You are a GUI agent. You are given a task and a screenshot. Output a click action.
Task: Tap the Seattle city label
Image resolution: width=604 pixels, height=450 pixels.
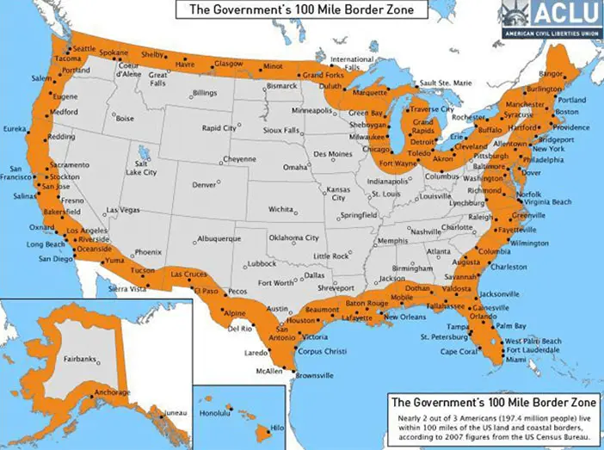click(84, 48)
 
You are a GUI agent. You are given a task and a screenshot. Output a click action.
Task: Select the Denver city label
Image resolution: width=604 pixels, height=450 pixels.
click(204, 185)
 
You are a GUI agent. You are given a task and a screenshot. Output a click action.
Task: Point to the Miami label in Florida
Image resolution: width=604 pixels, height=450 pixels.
click(516, 360)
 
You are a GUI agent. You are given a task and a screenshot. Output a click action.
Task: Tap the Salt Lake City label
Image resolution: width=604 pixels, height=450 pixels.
click(145, 168)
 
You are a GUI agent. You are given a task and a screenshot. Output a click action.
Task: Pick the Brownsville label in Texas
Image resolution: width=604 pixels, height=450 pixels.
click(313, 375)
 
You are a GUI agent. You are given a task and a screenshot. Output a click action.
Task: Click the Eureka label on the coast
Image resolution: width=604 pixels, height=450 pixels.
click(15, 128)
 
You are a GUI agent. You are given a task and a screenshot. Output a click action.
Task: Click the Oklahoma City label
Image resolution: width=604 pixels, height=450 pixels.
click(294, 237)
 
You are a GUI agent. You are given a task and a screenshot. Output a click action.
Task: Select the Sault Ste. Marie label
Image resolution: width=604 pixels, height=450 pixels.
click(445, 83)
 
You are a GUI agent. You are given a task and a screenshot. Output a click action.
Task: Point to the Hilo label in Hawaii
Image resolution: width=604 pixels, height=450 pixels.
click(277, 428)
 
